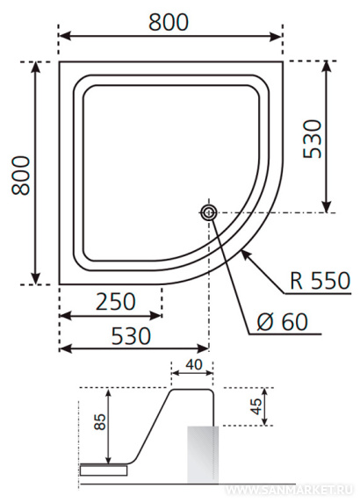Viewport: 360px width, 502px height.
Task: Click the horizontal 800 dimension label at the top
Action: (x=169, y=23)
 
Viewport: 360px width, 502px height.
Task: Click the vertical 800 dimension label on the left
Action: (x=20, y=176)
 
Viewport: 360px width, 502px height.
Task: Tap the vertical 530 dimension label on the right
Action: (x=312, y=139)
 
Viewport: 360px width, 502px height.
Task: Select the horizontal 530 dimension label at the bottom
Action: (x=131, y=336)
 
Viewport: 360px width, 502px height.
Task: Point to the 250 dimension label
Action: (x=116, y=302)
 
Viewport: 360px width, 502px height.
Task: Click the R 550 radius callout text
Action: (x=320, y=281)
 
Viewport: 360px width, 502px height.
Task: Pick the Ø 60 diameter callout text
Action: (x=282, y=322)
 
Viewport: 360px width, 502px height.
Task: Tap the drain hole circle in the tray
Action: (x=209, y=212)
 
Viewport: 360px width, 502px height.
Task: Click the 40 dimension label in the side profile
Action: (x=194, y=364)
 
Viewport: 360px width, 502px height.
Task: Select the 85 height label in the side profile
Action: (x=100, y=421)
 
